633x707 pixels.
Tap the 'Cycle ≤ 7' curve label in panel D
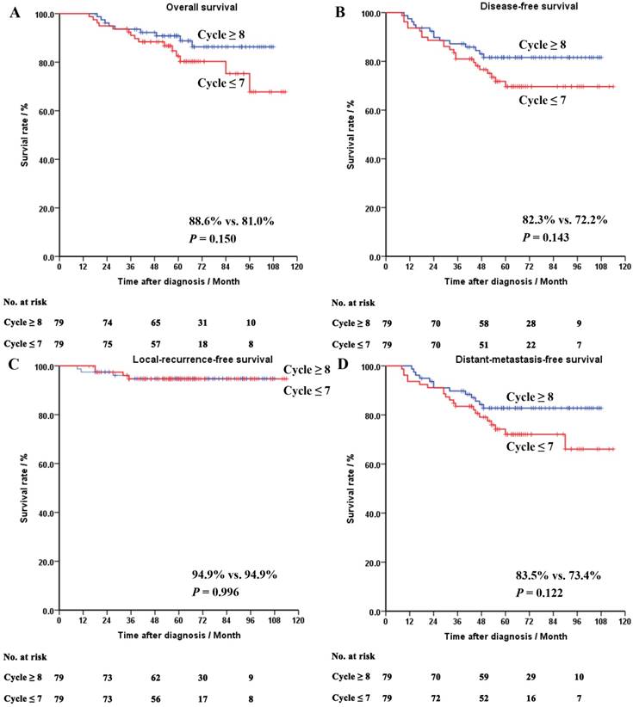point(537,446)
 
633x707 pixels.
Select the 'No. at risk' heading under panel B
point(354,304)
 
